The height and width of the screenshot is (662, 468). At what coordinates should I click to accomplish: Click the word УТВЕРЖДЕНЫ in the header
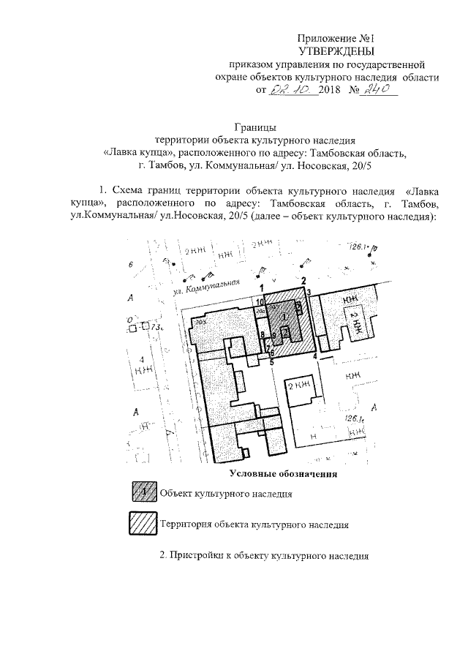(337, 50)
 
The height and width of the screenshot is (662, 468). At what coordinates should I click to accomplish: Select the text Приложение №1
(337, 37)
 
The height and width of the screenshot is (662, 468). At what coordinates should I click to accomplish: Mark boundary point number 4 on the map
(315, 356)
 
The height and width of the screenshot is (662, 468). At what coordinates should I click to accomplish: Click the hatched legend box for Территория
(144, 524)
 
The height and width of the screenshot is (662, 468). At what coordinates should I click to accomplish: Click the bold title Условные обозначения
(282, 475)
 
